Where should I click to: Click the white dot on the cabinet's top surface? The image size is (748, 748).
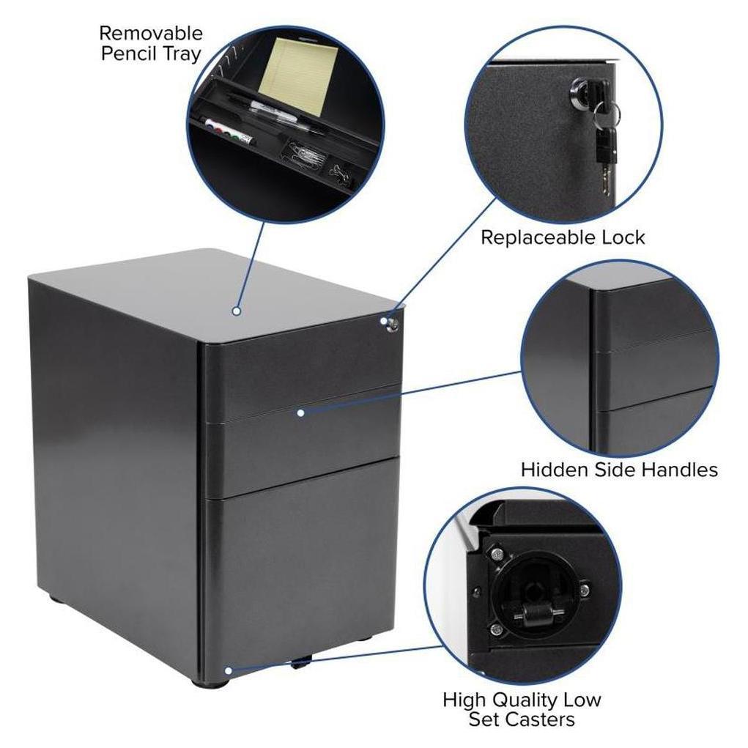pyautogui.click(x=236, y=311)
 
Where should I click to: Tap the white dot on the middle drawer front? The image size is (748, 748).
pyautogui.click(x=300, y=412)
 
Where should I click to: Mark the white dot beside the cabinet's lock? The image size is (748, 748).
pyautogui.click(x=384, y=321)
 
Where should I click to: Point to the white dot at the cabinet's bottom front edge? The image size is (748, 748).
pyautogui.click(x=229, y=671)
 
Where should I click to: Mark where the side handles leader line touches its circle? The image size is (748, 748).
pyautogui.click(x=521, y=372)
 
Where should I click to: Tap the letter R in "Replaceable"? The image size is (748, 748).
pyautogui.click(x=487, y=237)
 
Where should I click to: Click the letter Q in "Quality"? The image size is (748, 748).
pyautogui.click(x=501, y=700)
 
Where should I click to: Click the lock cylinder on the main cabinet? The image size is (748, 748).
pyautogui.click(x=394, y=325)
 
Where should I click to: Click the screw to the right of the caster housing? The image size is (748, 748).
pyautogui.click(x=585, y=589)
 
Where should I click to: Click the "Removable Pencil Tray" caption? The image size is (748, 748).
pyautogui.click(x=151, y=43)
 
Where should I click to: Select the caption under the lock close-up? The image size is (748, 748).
pyautogui.click(x=563, y=237)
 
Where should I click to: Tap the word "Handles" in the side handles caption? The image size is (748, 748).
pyautogui.click(x=680, y=470)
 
